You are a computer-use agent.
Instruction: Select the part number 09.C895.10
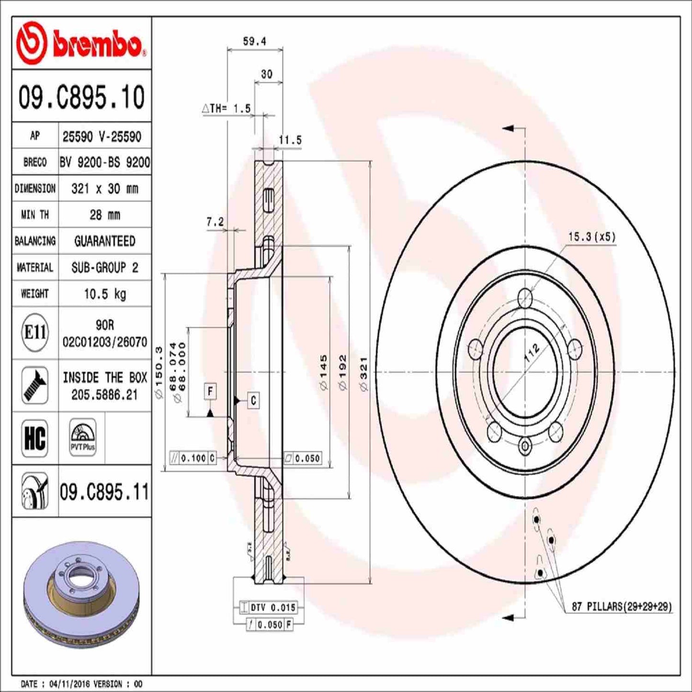tap(81, 97)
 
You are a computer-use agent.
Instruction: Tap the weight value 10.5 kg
tap(105, 294)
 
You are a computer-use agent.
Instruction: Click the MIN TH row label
tap(35, 215)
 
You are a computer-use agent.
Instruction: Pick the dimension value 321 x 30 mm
tap(105, 189)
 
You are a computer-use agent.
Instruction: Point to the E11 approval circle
tap(35, 332)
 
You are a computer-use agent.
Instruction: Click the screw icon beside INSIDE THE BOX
tap(35, 385)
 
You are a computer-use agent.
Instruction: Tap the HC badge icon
tap(35, 438)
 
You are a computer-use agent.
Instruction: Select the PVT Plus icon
tap(82, 437)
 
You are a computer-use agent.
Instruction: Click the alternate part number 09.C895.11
tap(104, 492)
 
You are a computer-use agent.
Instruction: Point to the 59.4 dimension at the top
tap(254, 42)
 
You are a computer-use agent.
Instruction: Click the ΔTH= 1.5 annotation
tap(227, 109)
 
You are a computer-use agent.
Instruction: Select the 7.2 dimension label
tap(215, 222)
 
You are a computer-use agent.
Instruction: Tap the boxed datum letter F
tap(210, 391)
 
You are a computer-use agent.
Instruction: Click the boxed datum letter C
tap(253, 400)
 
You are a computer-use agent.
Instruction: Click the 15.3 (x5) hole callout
tap(592, 237)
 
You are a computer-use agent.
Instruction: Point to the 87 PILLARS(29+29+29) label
tap(622, 606)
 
